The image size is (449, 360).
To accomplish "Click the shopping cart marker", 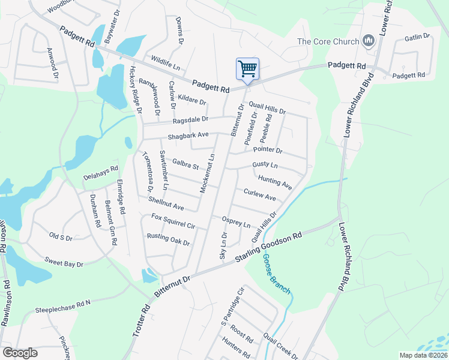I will [247, 69].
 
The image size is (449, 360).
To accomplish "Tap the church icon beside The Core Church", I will [368, 41].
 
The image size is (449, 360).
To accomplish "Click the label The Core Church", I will [328, 42].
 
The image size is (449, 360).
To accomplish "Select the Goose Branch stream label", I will [276, 274].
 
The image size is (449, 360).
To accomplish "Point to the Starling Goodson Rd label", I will [268, 248].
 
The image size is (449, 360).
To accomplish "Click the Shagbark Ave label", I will [188, 136].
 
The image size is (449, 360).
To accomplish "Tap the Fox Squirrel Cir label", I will [174, 221].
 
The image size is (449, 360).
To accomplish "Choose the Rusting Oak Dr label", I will [168, 239].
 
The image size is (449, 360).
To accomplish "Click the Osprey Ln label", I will [236, 222].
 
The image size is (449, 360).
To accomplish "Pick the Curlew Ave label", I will [259, 194].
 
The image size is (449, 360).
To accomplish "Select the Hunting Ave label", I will [274, 182].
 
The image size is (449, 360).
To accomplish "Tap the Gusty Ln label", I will [265, 164].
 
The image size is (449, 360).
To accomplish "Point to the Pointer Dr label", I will [268, 150].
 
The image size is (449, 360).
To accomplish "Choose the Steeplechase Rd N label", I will [62, 307].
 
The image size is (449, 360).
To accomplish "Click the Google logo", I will [20, 353].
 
